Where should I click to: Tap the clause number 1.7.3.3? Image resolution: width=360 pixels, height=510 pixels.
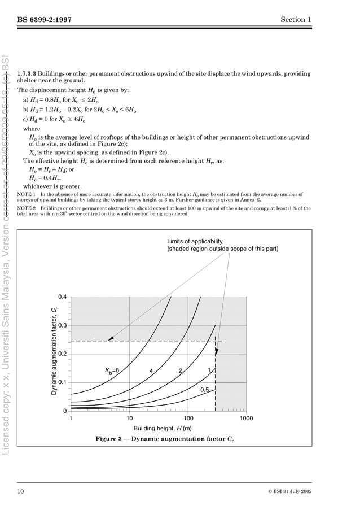28,74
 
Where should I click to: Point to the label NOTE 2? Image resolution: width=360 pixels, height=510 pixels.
27,208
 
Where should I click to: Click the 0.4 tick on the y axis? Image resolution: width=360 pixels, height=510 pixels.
62,297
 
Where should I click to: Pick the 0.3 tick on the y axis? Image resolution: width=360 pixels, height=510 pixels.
62,326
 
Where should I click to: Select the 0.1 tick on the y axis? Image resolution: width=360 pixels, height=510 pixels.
62,383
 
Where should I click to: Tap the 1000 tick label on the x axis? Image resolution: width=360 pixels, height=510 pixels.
246,419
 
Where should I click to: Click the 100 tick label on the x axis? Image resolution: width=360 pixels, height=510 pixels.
188,419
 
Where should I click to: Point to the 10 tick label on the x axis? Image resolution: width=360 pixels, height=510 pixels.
129,419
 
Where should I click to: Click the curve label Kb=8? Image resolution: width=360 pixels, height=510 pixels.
112,371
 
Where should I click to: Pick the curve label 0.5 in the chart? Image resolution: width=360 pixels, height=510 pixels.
205,390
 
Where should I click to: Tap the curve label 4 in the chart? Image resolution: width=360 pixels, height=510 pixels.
151,371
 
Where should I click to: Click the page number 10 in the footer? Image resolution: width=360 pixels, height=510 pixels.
20,491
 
